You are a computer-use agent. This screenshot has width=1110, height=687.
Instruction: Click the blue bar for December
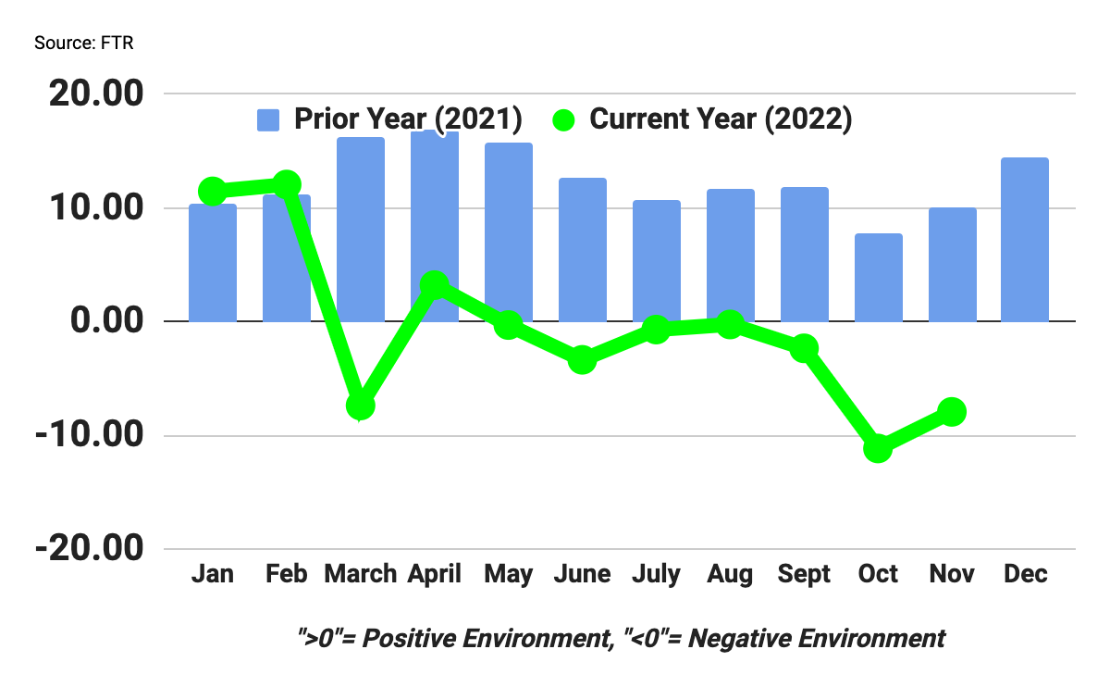[x=1026, y=240]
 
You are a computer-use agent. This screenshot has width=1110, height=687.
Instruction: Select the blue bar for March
[x=361, y=230]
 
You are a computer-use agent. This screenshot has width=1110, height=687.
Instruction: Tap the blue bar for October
[x=878, y=278]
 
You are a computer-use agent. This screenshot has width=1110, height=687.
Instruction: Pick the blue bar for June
[x=582, y=250]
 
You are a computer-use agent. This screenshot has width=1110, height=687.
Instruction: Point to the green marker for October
[x=878, y=449]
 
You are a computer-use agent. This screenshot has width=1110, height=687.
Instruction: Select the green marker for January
[x=213, y=192]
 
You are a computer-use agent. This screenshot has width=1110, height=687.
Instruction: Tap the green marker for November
[x=952, y=412]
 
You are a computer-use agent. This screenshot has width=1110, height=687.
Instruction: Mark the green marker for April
[x=435, y=285]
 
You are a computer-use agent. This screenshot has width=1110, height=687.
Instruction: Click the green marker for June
[x=582, y=359]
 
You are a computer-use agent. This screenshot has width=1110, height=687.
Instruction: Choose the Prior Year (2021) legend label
[x=408, y=119]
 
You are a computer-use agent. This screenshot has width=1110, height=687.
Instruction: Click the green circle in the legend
[x=564, y=120]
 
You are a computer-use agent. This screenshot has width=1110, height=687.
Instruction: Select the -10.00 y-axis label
[x=90, y=435]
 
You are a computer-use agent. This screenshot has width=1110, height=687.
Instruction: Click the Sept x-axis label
[x=804, y=574]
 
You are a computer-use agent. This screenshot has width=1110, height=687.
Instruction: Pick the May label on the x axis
[x=508, y=574]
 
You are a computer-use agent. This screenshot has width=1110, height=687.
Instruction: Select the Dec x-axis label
[x=1026, y=574]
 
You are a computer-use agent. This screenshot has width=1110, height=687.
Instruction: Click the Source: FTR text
[x=83, y=44]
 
